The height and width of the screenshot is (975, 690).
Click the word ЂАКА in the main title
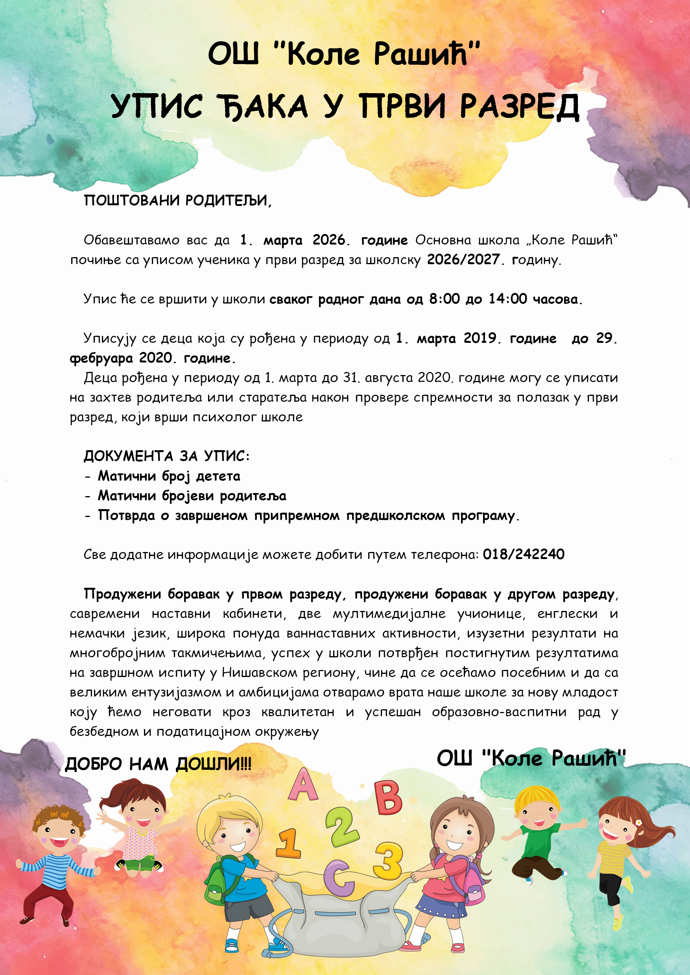[x=264, y=106]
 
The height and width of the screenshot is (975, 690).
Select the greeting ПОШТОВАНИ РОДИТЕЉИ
[x=177, y=200]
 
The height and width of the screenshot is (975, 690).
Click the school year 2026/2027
[x=463, y=259]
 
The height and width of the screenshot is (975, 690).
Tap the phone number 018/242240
[x=524, y=554]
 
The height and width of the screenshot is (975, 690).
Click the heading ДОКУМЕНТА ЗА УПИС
[x=166, y=456]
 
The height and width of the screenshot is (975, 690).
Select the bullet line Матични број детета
[x=169, y=476]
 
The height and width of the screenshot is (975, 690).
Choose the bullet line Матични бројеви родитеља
[x=192, y=496]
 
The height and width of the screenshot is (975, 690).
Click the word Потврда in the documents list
[x=126, y=515]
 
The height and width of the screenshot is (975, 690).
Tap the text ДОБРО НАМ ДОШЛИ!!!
[x=158, y=764]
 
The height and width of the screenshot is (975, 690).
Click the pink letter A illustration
[x=303, y=785]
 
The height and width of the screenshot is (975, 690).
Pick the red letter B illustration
[x=387, y=798]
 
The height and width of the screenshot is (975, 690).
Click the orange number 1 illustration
[x=288, y=843]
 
